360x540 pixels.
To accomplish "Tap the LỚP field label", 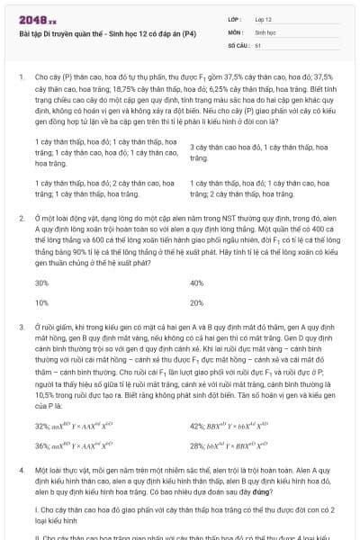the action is tap(236, 19).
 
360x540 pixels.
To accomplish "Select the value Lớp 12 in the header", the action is tap(263, 19).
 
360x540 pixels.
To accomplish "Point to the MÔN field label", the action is tap(237, 31).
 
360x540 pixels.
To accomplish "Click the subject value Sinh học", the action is tap(265, 31).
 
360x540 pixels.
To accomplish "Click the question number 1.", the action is tap(21, 77).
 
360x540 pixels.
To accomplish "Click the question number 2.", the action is tap(21, 219).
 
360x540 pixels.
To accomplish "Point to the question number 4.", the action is tap(21, 471).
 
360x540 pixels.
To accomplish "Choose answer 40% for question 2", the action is tap(197, 283).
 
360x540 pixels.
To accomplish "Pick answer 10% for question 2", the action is tap(41, 303).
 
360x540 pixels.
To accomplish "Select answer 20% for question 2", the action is tap(197, 303).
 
